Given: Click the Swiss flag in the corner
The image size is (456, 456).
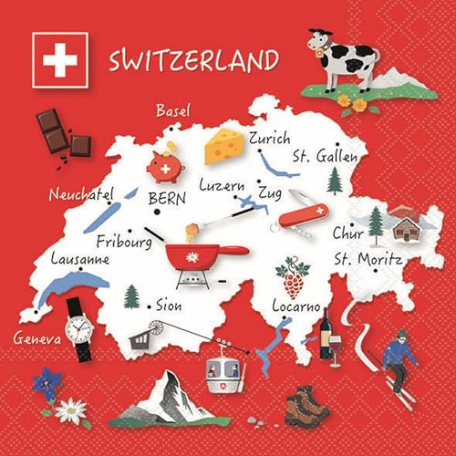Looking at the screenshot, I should tap(59, 60).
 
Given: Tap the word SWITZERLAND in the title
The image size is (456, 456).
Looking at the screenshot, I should tap(193, 61).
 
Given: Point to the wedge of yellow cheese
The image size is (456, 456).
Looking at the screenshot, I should tap(223, 146).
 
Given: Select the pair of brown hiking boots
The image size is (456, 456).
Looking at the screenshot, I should tap(306, 404).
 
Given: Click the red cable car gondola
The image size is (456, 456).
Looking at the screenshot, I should tap(224, 370).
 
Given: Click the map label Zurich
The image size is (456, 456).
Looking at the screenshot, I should tap(270, 140).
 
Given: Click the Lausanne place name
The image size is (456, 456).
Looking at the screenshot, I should tap(80, 259).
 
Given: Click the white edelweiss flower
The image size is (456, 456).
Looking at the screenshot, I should tap(69, 410).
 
